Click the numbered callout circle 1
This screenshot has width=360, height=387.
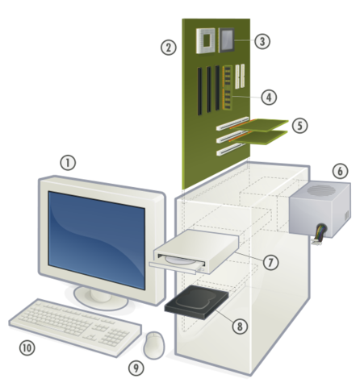(68, 162)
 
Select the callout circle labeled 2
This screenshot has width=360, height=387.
(168, 47)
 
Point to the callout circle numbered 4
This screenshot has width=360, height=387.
(270, 96)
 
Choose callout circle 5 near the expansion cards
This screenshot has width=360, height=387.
(299, 126)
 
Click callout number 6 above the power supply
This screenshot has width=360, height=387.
(340, 172)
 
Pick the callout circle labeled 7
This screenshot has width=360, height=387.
(270, 261)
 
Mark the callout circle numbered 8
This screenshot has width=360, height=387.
(238, 326)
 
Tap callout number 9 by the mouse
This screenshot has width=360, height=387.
(136, 368)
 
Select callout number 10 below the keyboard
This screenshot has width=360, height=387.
(28, 348)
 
